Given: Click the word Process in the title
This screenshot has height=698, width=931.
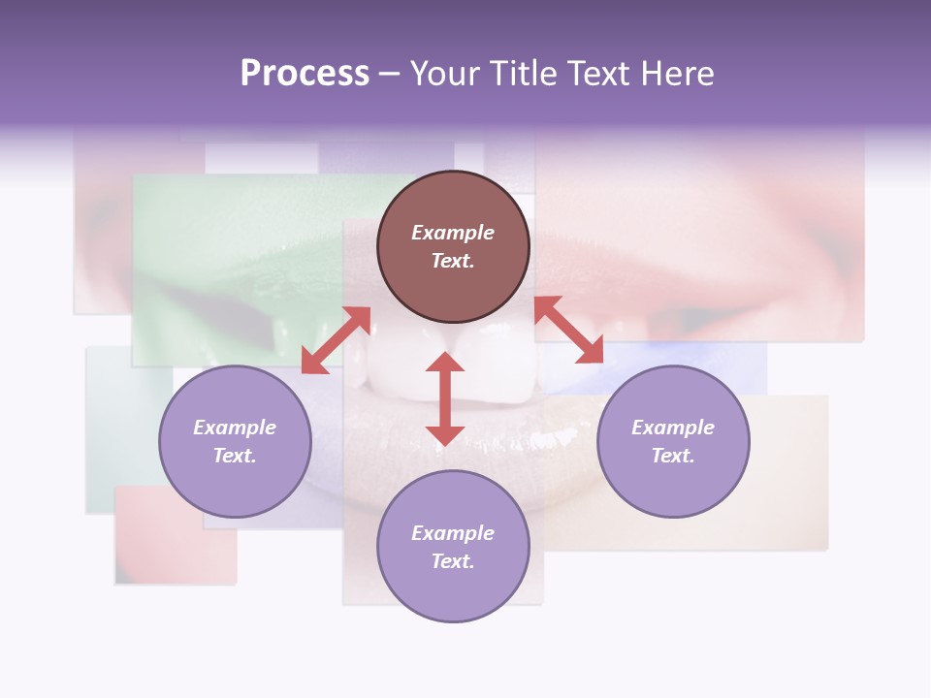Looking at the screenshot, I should (305, 74).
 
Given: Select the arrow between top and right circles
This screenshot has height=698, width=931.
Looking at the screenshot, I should (569, 330).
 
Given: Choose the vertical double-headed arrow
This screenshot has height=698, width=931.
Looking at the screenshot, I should (445, 398).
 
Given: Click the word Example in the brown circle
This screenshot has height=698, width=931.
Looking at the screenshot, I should (453, 233).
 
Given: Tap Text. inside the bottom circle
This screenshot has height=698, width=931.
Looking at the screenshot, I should (453, 561).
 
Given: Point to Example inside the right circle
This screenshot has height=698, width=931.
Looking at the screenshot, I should (673, 428).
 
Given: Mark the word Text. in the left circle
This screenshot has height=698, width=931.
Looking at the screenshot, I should (235, 456).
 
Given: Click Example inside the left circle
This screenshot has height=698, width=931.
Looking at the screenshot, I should (235, 428).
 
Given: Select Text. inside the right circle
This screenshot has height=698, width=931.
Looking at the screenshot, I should (673, 456).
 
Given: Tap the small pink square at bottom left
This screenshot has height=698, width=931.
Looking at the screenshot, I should (175, 543).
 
